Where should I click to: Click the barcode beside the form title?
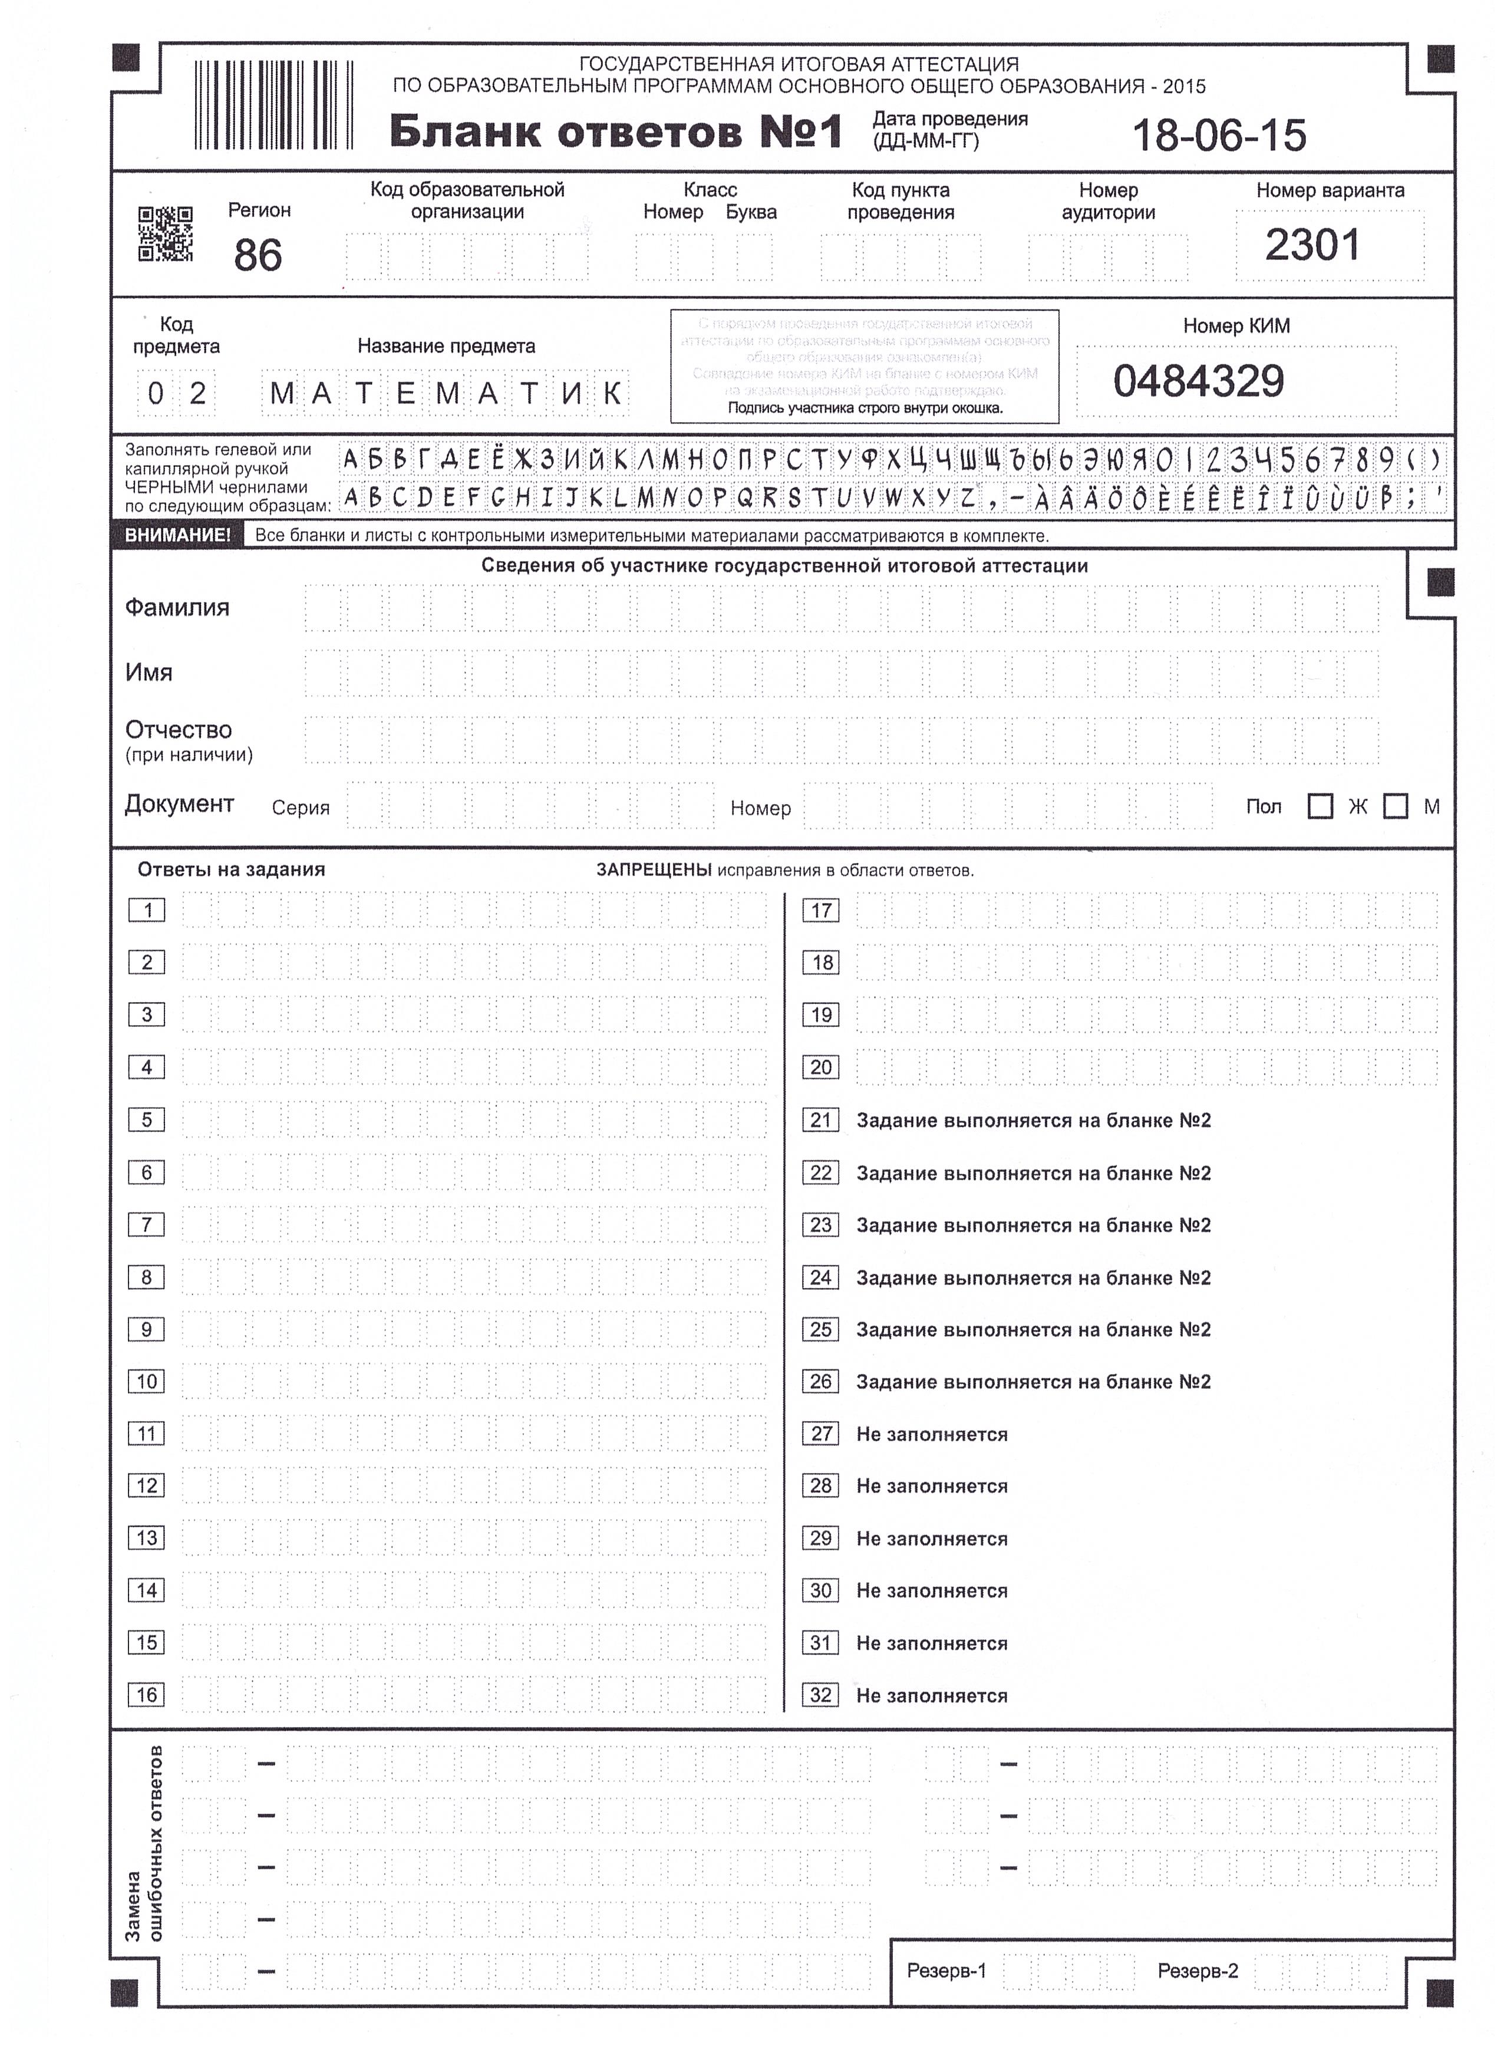tap(273, 105)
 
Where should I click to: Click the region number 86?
tap(257, 255)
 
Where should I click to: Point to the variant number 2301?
tap(1311, 245)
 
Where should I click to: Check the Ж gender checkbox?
tap(1320, 806)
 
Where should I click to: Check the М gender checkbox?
tap(1396, 806)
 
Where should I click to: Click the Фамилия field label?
tap(177, 608)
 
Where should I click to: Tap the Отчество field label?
tap(179, 730)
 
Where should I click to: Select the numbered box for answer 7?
tap(147, 1224)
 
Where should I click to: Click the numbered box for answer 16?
tap(147, 1695)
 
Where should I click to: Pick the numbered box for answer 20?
tap(821, 1068)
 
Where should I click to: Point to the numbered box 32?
tap(821, 1695)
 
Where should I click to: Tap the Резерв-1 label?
tap(946, 1971)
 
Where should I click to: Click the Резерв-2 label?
tap(1198, 1971)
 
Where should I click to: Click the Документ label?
tap(180, 803)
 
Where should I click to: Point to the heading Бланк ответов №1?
tap(616, 132)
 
